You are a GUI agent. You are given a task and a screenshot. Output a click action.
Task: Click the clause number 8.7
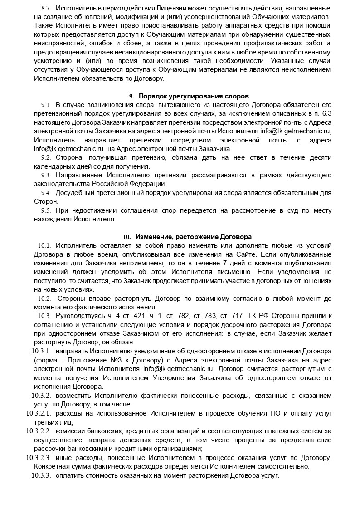46,9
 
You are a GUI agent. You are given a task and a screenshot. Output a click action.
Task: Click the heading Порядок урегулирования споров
194,96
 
